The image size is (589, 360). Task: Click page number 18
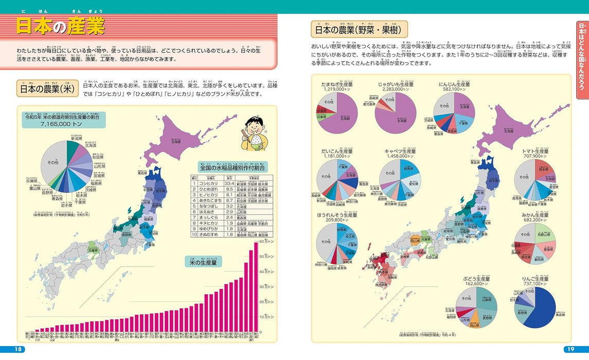[19, 350]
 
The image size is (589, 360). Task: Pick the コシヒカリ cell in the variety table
[210, 183]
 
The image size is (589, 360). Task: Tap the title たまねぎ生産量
[336, 84]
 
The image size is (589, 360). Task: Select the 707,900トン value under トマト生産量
[536, 155]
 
